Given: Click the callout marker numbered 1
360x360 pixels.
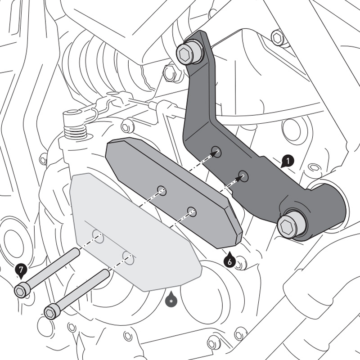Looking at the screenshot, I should point(288,160).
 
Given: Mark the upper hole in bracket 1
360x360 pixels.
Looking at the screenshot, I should point(217,152).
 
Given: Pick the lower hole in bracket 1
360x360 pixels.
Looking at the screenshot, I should point(244,176).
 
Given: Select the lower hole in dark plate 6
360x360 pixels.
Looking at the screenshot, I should point(192,211).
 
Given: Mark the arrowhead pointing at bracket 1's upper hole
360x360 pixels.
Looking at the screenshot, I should point(211,155).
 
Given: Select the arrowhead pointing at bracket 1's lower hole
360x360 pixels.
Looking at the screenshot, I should point(237,180).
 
